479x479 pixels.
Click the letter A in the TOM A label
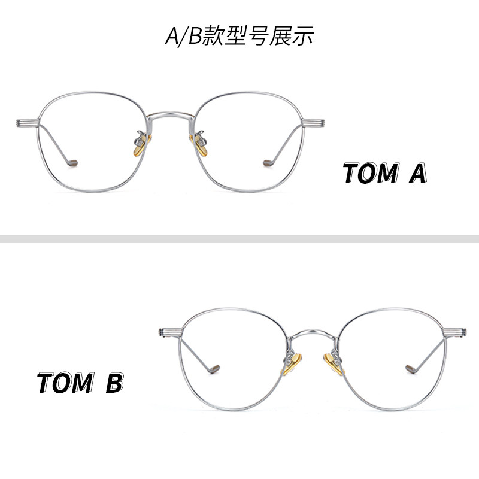(x=417, y=174)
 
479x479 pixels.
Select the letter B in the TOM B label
(x=114, y=383)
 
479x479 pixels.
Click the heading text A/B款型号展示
(x=239, y=36)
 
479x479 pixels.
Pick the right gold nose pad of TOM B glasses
(x=332, y=363)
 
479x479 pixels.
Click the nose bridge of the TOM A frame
(x=170, y=112)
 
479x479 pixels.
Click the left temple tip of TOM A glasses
(x=72, y=162)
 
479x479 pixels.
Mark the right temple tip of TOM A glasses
(x=268, y=162)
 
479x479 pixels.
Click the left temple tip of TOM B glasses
(x=214, y=368)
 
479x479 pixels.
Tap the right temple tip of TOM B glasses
(x=411, y=368)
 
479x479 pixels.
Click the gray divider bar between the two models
(x=239, y=239)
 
